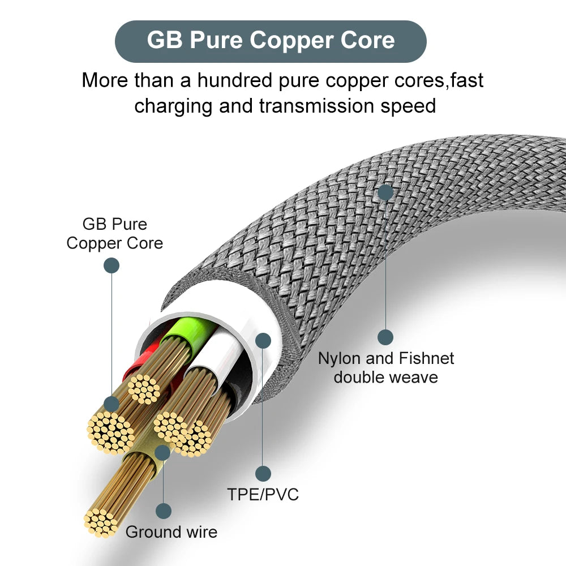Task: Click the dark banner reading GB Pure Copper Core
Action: [271, 41]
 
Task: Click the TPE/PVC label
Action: [263, 494]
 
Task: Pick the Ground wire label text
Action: [171, 532]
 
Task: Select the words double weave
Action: [385, 377]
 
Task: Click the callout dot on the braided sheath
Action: [385, 192]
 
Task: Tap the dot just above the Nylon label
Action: [385, 337]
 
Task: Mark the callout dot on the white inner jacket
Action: [263, 340]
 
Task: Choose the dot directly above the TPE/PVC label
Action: [263, 474]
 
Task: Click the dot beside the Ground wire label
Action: [164, 511]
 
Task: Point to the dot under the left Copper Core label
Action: [112, 265]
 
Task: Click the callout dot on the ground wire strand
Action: [163, 452]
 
